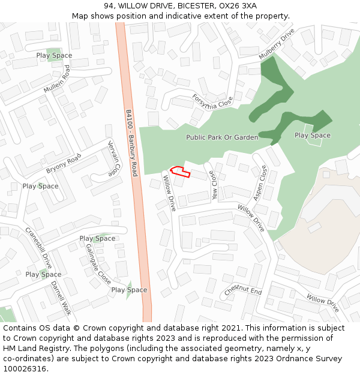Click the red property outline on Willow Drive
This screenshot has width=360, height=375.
[x=180, y=172]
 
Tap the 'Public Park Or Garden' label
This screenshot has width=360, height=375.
[x=222, y=137]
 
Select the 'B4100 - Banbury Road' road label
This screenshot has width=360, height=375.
[x=132, y=142]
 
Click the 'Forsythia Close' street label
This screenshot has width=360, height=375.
[x=212, y=100]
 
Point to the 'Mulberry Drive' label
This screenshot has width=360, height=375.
[x=277, y=44]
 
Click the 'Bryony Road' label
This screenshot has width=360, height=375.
[x=64, y=163]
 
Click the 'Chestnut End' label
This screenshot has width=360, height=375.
[x=243, y=290]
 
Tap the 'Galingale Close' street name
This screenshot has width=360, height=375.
[x=98, y=263]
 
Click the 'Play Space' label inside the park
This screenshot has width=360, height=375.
[x=312, y=135]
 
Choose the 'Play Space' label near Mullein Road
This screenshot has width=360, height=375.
[x=54, y=56]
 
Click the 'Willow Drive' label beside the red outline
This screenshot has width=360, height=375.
[x=169, y=193]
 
